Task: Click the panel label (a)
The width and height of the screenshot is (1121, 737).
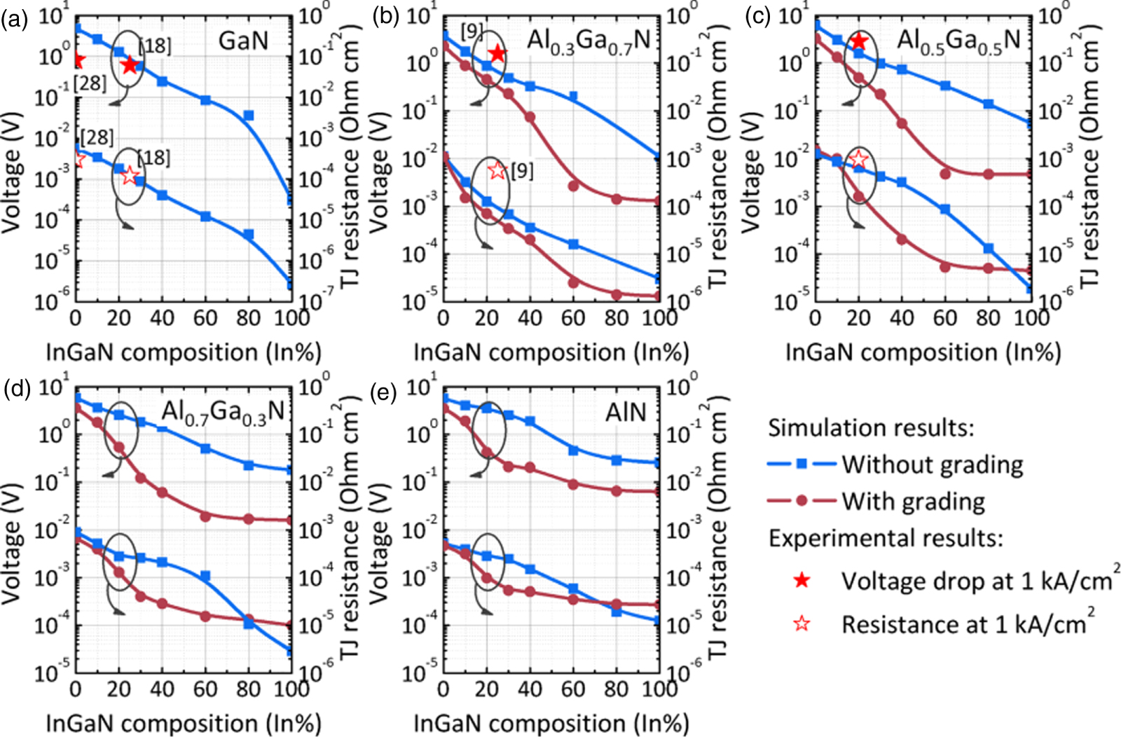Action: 14,19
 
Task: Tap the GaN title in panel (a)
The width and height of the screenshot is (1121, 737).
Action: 243,40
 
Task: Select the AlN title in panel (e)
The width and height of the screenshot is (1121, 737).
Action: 626,411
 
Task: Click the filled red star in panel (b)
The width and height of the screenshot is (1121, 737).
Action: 497,53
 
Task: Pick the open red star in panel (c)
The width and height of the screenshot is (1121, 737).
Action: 858,160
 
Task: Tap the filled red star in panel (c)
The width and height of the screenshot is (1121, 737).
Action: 858,42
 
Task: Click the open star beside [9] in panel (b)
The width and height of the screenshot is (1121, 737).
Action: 497,170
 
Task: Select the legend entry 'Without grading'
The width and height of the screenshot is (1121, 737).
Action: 932,464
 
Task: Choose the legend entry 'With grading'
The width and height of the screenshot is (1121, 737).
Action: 913,501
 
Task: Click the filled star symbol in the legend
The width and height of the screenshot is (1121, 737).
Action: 802,581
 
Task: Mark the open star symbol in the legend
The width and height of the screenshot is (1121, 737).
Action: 802,624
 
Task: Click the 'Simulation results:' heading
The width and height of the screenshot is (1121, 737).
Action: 871,427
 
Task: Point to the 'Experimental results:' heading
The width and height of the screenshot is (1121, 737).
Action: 886,538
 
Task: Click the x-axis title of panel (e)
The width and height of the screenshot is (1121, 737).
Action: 551,722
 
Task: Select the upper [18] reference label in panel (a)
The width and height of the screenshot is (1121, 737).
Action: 155,46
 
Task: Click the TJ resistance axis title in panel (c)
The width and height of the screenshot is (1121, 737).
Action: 1089,154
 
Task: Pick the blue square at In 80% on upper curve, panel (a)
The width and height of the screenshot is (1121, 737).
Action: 249,116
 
